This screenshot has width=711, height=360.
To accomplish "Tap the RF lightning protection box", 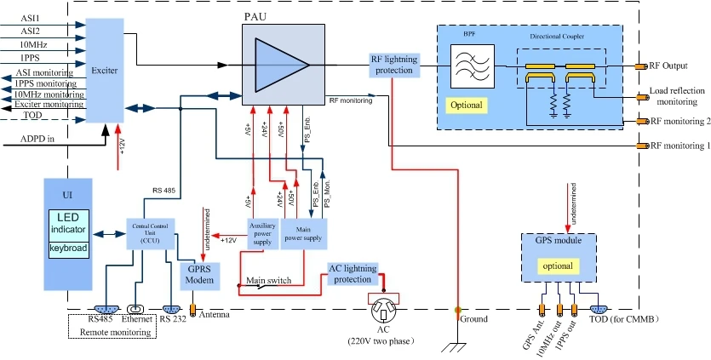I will click(x=393, y=64).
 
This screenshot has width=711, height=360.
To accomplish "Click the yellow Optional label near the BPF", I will click(x=467, y=105).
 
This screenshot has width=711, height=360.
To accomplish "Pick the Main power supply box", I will click(x=304, y=232).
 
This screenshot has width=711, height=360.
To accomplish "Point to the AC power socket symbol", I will click(x=387, y=306).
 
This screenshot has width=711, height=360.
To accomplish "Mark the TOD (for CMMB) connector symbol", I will click(x=599, y=310).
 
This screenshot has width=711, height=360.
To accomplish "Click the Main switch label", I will click(x=269, y=280).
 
